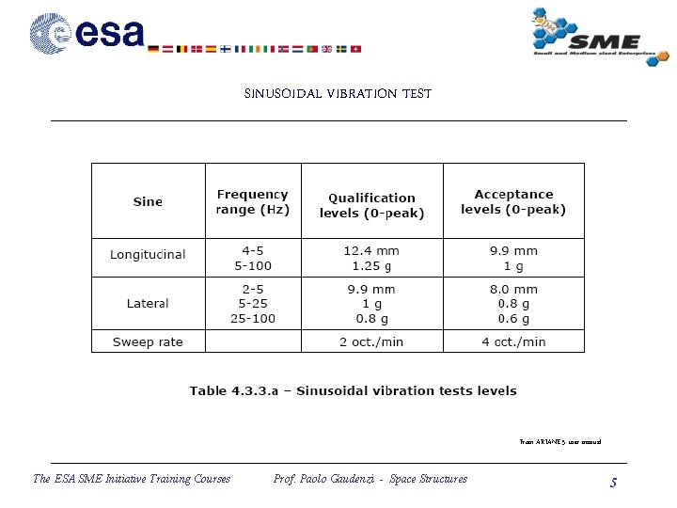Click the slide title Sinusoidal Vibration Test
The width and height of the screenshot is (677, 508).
click(x=338, y=93)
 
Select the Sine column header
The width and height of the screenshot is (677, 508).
click(x=148, y=201)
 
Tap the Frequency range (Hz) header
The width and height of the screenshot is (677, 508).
click(x=253, y=201)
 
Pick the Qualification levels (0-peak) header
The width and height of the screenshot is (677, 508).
click(x=371, y=205)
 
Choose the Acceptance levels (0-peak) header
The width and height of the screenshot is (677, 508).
click(x=513, y=201)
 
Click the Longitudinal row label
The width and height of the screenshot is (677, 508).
click(x=148, y=255)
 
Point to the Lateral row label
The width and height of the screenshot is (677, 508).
click(x=148, y=303)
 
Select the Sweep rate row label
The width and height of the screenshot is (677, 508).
click(x=148, y=341)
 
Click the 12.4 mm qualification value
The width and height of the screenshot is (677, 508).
click(x=371, y=251)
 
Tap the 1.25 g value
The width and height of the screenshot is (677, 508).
click(x=371, y=265)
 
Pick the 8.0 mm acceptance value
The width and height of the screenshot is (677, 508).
click(x=513, y=290)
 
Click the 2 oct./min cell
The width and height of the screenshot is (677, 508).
click(x=371, y=341)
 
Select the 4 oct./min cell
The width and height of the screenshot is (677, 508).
click(x=513, y=341)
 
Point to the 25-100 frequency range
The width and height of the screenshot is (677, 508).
click(x=253, y=318)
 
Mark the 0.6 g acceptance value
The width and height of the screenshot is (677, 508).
click(x=513, y=318)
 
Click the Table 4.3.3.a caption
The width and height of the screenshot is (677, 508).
click(x=353, y=390)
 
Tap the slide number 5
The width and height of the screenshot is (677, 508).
click(x=613, y=483)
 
